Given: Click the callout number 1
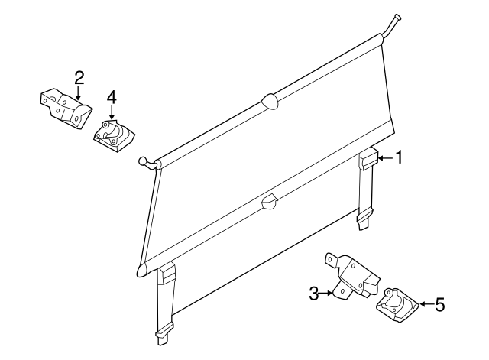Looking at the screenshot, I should click(398, 158).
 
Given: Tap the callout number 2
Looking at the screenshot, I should click(79, 77).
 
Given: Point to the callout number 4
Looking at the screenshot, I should click(112, 98).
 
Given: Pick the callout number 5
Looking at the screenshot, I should click(439, 306).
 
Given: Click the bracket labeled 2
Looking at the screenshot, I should click(66, 108).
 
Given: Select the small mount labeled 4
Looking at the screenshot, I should click(113, 135).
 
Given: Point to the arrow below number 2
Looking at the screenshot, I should click(79, 92).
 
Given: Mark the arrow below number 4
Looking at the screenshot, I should click(112, 113).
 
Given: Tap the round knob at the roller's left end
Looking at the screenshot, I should click(143, 161).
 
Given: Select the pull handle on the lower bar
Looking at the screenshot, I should click(268, 201).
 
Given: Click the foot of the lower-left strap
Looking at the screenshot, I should click(162, 333).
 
